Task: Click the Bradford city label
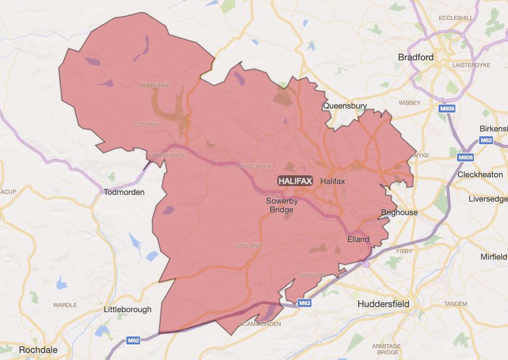[x=416, y=57]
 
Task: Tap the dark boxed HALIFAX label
[x=295, y=181]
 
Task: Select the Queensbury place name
[x=345, y=106]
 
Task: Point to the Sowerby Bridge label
[x=282, y=205]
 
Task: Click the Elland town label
[x=358, y=239]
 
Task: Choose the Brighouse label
[x=399, y=212]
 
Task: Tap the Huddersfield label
[x=383, y=304]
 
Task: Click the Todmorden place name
[x=124, y=192]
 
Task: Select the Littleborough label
[x=128, y=309]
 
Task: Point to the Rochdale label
[x=38, y=350]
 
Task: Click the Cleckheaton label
[x=480, y=175]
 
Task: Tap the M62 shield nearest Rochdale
[x=134, y=340]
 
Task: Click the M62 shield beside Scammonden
[x=305, y=303]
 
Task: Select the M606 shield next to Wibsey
[x=447, y=109]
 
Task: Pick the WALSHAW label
[x=155, y=85]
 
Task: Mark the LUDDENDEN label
[x=254, y=166]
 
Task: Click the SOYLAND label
[x=248, y=246]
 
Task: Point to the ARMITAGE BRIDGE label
[x=387, y=349]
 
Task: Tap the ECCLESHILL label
[x=456, y=18]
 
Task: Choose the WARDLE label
[x=65, y=305]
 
